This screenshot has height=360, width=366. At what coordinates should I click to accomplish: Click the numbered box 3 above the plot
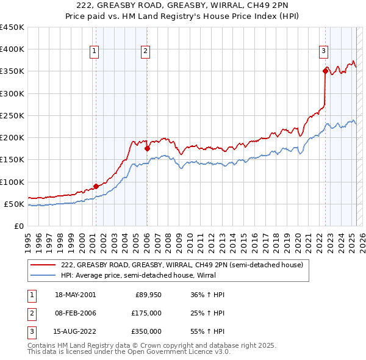tap(323, 52)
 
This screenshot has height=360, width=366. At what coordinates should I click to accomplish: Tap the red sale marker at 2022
tap(325, 71)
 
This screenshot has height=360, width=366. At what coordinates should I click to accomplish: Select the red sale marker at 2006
tap(147, 148)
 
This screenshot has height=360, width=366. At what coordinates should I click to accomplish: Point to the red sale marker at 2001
tap(96, 186)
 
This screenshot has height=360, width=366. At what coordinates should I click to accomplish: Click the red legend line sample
tap(43, 265)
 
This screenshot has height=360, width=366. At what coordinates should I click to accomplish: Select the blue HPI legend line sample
tap(43, 275)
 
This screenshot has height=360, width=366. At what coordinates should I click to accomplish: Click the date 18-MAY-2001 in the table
tap(75, 295)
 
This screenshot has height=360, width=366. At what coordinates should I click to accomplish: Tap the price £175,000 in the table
tap(147, 313)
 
